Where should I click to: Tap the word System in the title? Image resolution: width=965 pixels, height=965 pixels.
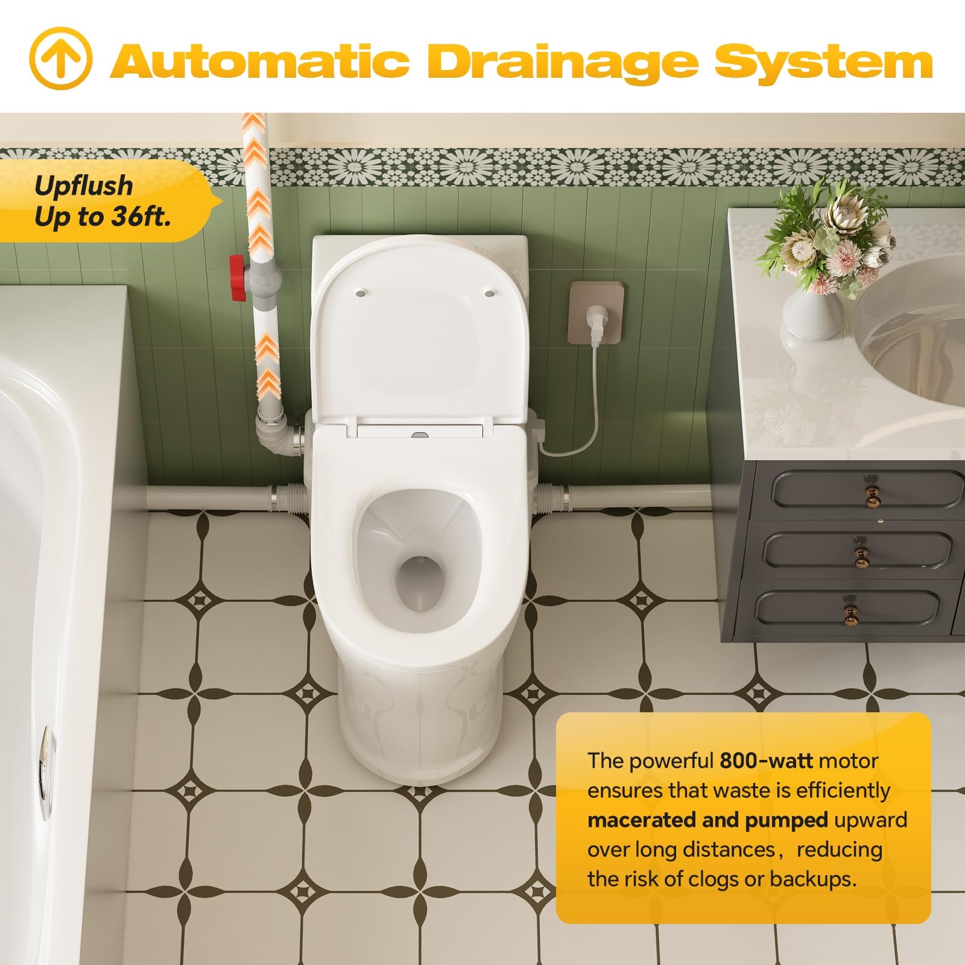click(824, 63)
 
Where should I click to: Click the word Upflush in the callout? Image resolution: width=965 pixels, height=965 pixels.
click(83, 186)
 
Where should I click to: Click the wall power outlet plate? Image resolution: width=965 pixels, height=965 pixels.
click(596, 313)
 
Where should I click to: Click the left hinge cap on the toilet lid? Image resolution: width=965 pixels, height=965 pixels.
click(359, 293)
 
